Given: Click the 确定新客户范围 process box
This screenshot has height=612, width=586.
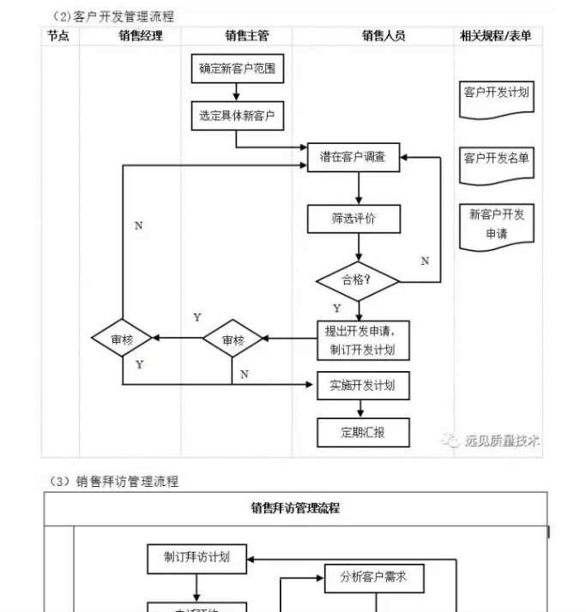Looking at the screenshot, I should tap(237, 69).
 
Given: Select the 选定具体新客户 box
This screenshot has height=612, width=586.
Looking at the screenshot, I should tap(237, 115).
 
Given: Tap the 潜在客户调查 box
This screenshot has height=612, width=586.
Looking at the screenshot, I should tap(353, 157).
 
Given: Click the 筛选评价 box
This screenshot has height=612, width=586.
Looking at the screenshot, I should tap(353, 218).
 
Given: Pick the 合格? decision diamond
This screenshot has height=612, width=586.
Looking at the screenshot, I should tap(358, 279).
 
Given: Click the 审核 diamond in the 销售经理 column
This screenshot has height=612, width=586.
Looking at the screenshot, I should tap(123, 339).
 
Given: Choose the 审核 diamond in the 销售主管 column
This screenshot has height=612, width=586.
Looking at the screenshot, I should tap(233, 339).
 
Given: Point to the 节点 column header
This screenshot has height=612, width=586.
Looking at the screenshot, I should tap(58, 35).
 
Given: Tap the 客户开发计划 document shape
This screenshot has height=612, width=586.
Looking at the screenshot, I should tap(497, 93).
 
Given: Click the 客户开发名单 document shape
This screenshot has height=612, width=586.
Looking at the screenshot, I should tap(497, 159).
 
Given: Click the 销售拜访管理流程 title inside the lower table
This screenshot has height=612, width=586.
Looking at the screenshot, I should tap(295, 507).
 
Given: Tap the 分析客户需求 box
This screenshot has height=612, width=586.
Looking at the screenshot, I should tap(366, 577).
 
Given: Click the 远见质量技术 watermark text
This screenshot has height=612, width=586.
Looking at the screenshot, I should tap(501, 441).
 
